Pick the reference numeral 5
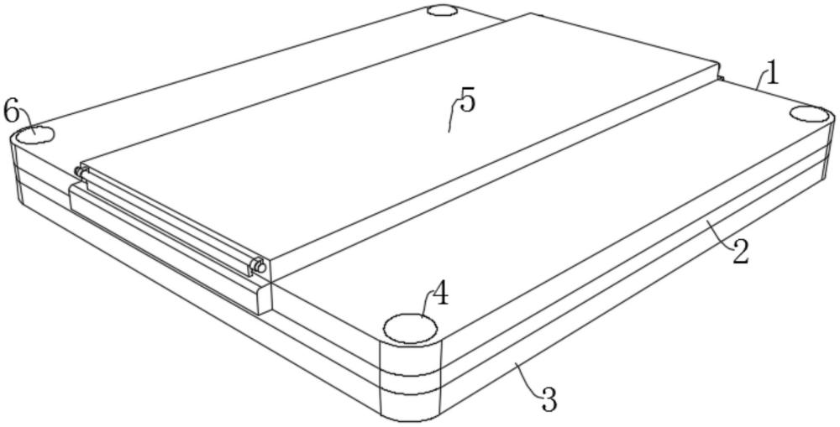click(x=467, y=102)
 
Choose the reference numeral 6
click(x=11, y=112)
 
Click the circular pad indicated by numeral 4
click(x=411, y=328)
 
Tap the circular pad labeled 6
click(x=34, y=135)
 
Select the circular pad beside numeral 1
click(x=810, y=115)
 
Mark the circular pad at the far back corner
click(x=443, y=10)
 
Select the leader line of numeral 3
click(x=528, y=378)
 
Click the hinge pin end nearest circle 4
click(x=260, y=265)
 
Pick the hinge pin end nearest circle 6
click(x=79, y=172)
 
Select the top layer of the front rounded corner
click(x=411, y=356)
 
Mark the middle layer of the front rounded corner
click(x=412, y=381)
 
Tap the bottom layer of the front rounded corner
click(x=412, y=405)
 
